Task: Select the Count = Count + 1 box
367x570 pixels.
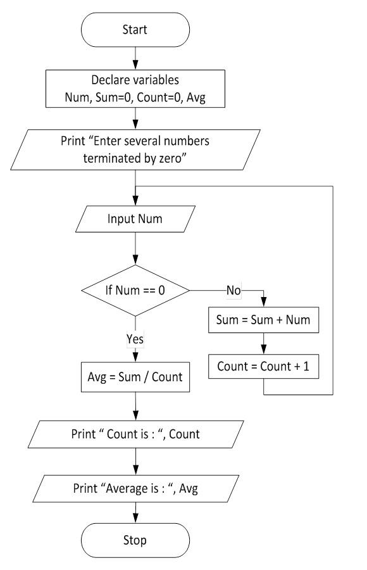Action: (263, 366)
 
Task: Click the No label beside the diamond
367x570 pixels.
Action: (233, 292)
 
